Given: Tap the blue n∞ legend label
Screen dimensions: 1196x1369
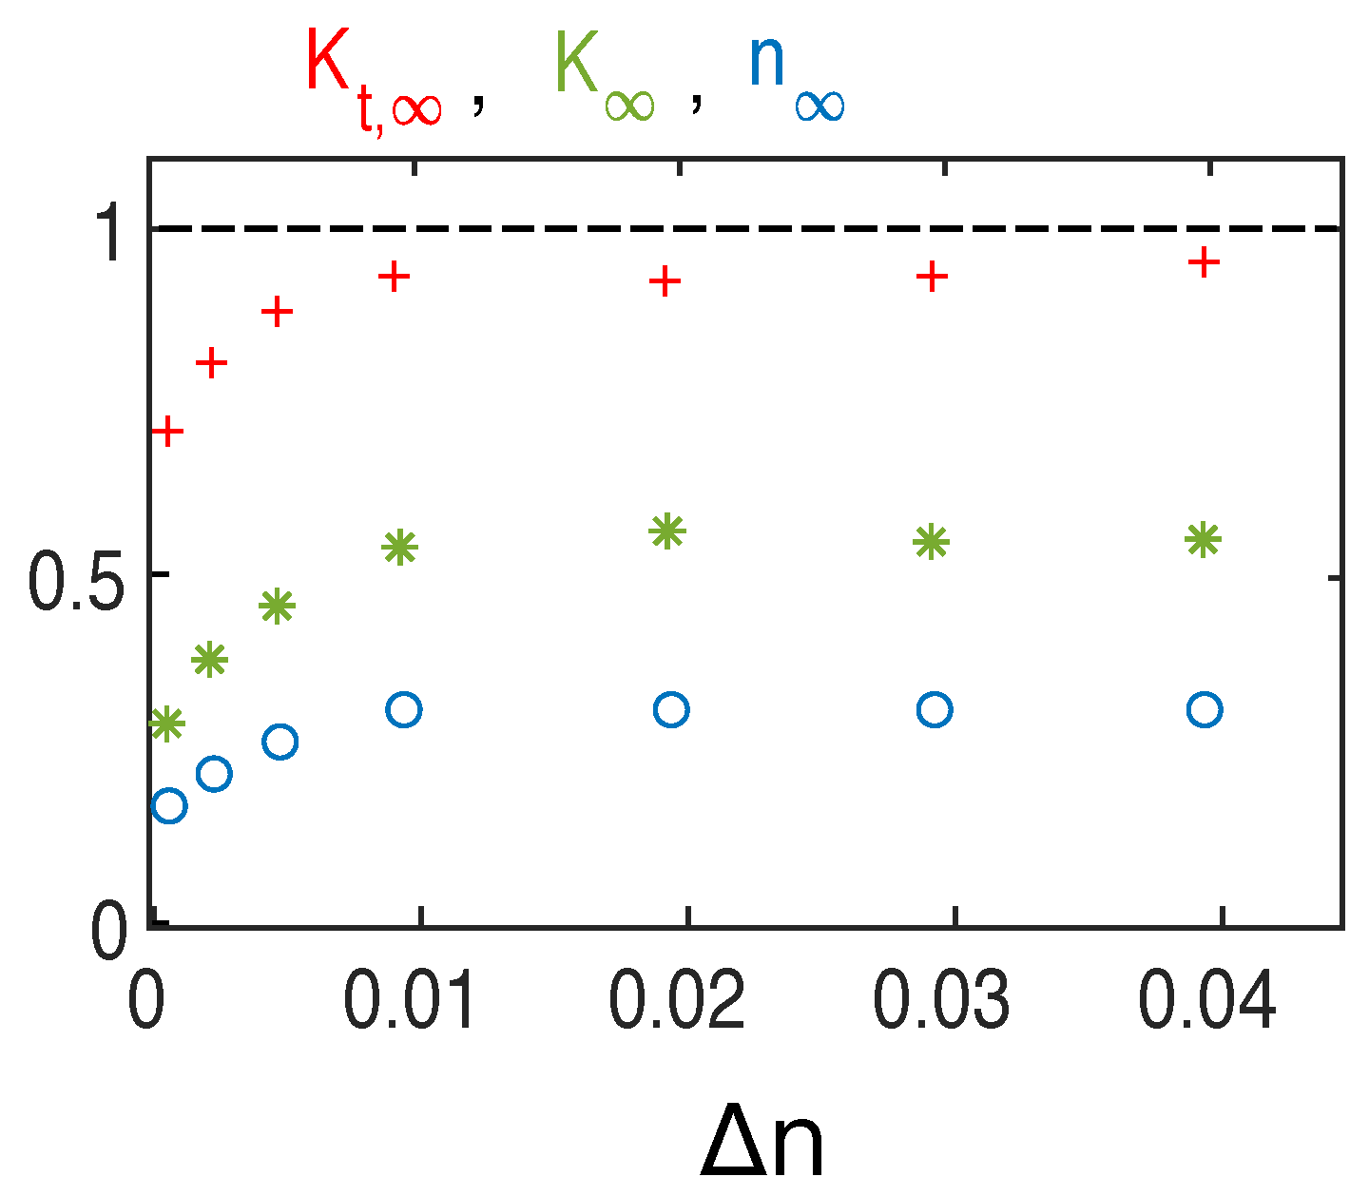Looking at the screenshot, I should [796, 76].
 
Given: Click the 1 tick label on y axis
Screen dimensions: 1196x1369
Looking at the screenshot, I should [106, 232].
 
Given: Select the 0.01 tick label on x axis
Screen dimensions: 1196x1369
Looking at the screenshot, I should [409, 1002].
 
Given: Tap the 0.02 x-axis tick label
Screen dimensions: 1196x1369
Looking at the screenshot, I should [676, 1002].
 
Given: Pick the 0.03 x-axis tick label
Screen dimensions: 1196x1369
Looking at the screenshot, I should [941, 1002].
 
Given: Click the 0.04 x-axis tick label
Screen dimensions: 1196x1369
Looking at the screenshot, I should [1207, 1002].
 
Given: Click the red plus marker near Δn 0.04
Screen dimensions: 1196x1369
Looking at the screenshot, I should [1204, 261].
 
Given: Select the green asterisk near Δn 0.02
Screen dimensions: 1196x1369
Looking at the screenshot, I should [667, 530].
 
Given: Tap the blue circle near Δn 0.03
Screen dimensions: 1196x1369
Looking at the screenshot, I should [935, 709].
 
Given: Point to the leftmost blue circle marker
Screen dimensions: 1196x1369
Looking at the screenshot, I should [169, 806].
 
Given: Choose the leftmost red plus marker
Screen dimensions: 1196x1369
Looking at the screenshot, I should [167, 431].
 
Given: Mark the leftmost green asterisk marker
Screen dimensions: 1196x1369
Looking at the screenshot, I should [167, 723].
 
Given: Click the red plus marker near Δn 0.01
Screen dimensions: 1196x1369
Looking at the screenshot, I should [394, 277].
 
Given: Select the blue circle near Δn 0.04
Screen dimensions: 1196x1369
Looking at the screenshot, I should [1205, 709].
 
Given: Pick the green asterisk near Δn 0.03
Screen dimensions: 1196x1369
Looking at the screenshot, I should [932, 542].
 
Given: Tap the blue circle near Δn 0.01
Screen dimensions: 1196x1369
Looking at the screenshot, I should [404, 709].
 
